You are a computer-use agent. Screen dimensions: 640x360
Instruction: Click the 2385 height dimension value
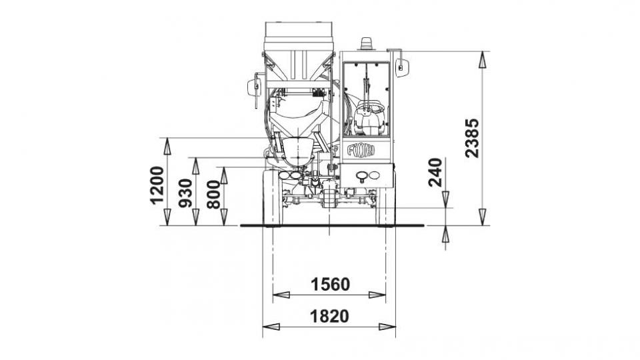tap(472, 138)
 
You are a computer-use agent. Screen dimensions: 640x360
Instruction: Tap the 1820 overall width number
tap(330, 316)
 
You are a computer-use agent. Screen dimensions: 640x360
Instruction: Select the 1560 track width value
tap(330, 284)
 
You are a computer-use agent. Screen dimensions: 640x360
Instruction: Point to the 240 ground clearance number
tap(435, 172)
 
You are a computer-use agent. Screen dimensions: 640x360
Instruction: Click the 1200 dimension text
tap(157, 185)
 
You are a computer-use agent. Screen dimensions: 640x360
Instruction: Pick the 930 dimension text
tap(186, 193)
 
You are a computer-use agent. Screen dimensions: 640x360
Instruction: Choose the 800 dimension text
tap(213, 195)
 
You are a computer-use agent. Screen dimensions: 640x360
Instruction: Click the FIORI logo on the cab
tap(361, 150)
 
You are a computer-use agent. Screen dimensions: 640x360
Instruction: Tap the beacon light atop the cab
tap(367, 44)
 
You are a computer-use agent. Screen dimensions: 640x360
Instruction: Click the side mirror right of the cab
tap(402, 67)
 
